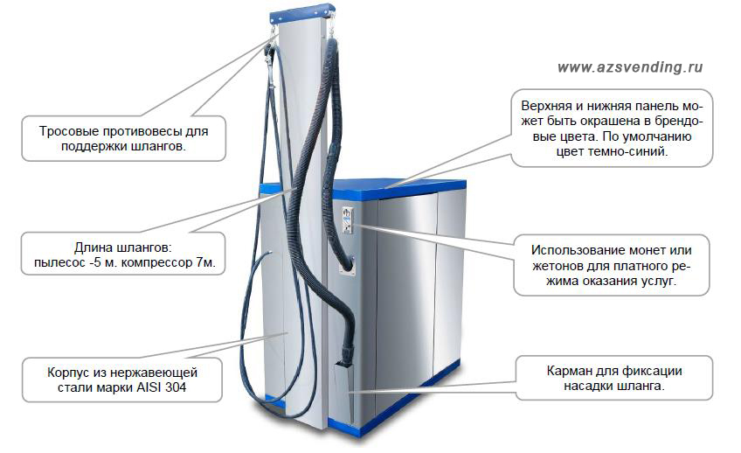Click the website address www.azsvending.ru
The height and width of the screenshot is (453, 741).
[x=630, y=67]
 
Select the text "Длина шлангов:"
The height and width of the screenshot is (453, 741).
[x=123, y=247]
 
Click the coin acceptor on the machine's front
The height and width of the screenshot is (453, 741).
[x=349, y=220]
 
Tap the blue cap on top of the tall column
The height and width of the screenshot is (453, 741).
[x=301, y=13]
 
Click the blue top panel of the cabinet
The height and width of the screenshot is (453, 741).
[x=378, y=186]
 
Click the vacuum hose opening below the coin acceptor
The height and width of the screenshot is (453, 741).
[x=348, y=266]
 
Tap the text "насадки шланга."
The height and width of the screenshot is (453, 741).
[x=614, y=386]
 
